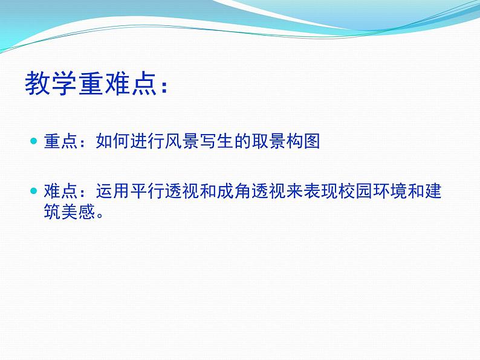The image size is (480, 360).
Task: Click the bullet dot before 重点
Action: (x=34, y=141)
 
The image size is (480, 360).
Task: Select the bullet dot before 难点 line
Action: (x=34, y=191)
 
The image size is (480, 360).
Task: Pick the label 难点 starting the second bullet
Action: (x=60, y=191)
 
